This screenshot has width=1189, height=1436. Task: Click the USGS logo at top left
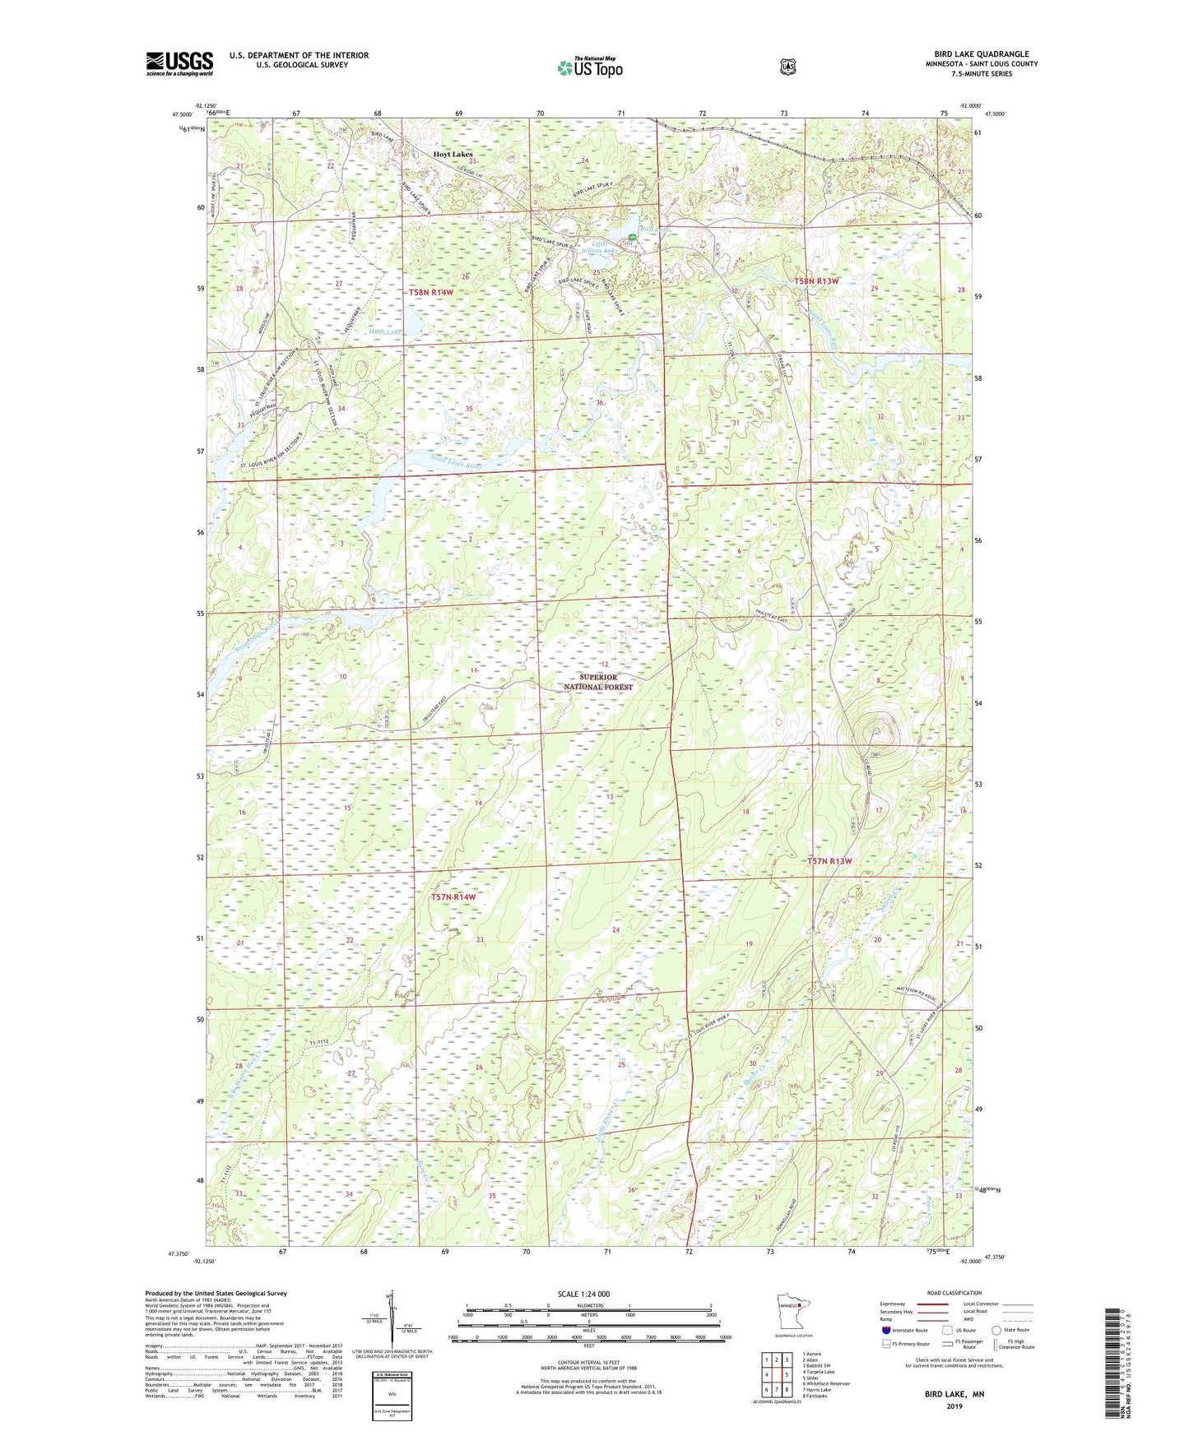[x=179, y=63]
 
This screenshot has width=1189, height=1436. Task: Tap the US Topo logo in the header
[x=589, y=67]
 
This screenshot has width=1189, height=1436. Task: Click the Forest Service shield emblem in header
[x=788, y=67]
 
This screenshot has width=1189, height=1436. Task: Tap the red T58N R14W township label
[x=431, y=292]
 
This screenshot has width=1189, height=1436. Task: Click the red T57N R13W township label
[x=829, y=861]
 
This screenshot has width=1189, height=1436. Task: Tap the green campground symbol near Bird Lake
[x=632, y=237]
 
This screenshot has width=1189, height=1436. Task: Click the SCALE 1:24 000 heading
[x=583, y=1294]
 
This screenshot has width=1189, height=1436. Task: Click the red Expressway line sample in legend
[x=929, y=1303]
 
